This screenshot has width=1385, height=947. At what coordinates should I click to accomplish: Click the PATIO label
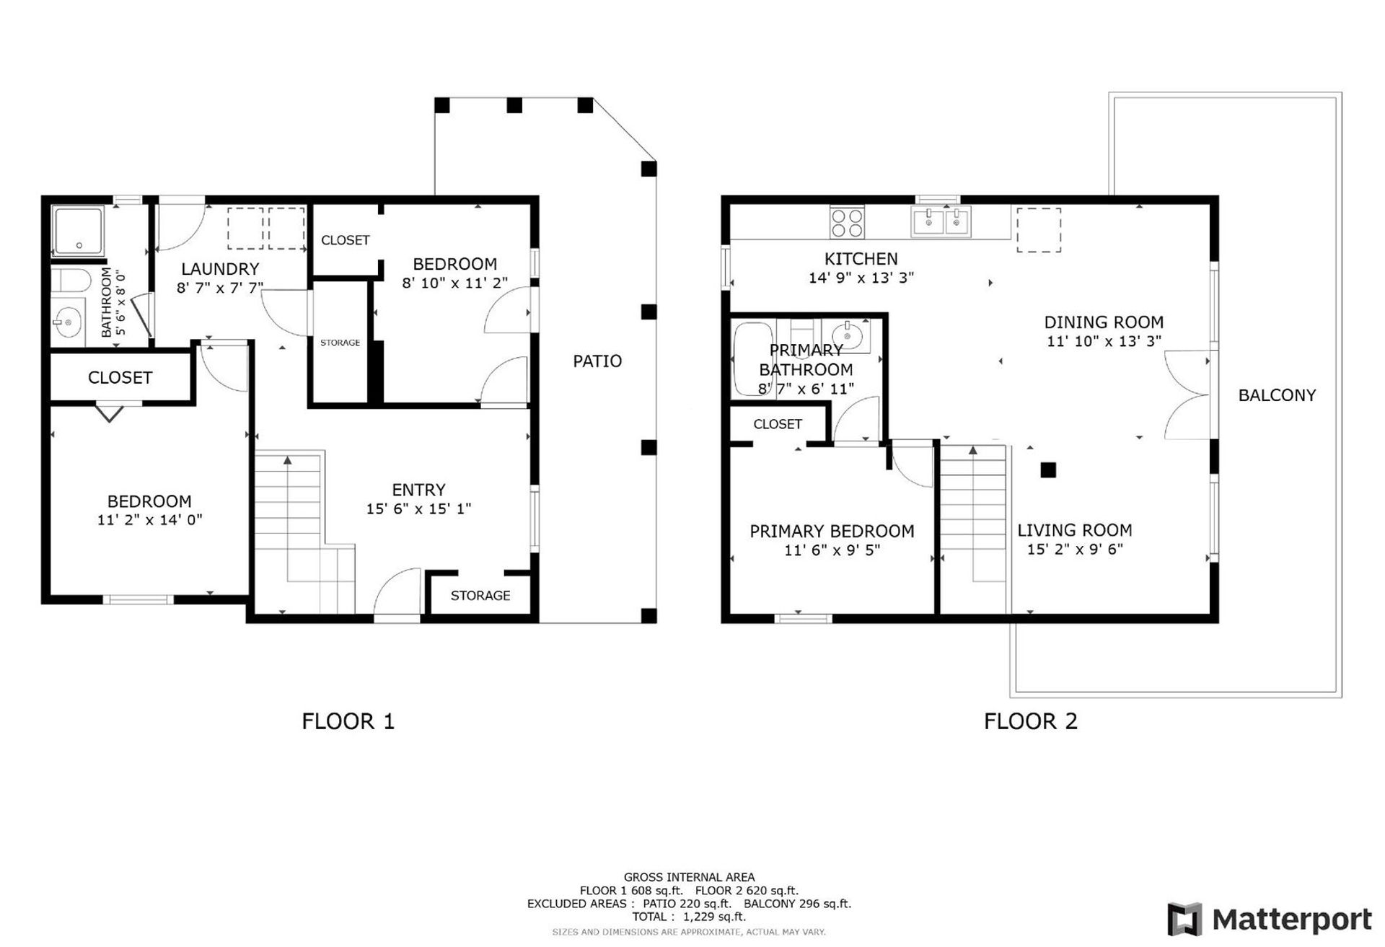click(x=597, y=361)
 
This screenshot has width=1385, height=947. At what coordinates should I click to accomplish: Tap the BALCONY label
click(x=1277, y=395)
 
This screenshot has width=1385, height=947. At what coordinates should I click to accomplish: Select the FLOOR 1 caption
click(x=348, y=721)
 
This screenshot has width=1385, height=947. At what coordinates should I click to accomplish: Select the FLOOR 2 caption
click(x=1030, y=721)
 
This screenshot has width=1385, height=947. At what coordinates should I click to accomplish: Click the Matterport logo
click(x=1270, y=920)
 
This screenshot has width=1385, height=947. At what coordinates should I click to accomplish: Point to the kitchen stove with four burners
click(x=847, y=222)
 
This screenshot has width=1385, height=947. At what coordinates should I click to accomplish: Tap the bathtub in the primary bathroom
click(x=752, y=359)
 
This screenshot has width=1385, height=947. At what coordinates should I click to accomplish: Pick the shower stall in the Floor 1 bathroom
click(x=78, y=231)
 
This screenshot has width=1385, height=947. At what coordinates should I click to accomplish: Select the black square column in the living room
click(x=1048, y=470)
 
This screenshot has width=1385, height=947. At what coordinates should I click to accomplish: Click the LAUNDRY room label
click(x=220, y=269)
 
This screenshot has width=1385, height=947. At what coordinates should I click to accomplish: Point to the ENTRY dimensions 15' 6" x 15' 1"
click(x=418, y=509)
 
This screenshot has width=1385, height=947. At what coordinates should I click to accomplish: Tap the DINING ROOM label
click(x=1104, y=322)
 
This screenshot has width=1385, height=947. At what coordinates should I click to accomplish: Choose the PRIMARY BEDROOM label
click(x=832, y=532)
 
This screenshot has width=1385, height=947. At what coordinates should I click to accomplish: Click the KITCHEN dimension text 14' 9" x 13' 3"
click(x=861, y=278)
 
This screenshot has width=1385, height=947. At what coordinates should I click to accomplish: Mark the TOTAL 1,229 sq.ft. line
click(x=689, y=917)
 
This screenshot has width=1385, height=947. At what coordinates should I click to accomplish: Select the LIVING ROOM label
click(x=1074, y=530)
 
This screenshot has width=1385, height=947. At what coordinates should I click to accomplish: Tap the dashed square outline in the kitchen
click(x=1039, y=230)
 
